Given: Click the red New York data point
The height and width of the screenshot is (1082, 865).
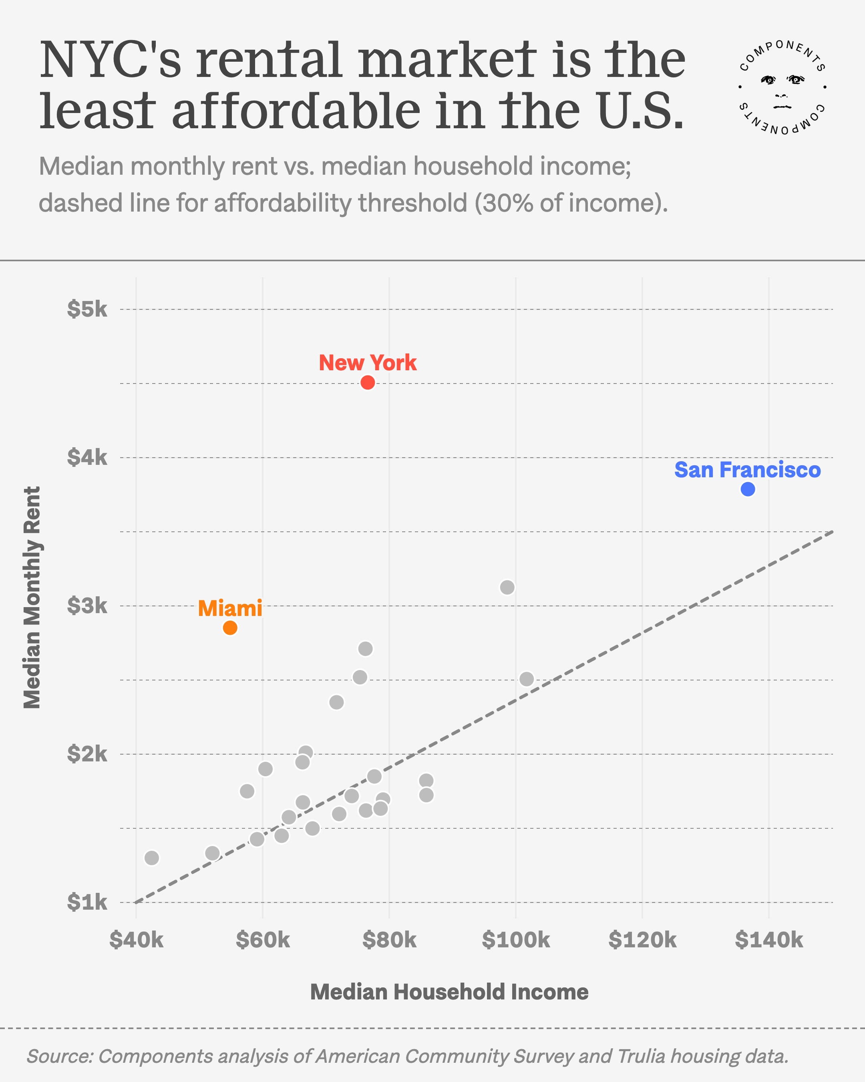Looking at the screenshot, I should (368, 382).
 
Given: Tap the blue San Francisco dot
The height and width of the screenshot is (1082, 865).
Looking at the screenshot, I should (748, 489).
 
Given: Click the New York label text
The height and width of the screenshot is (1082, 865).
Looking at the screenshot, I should (368, 363).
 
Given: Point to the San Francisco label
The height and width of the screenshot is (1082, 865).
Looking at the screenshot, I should (747, 470).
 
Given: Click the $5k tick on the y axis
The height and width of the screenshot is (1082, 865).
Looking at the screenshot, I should (87, 309).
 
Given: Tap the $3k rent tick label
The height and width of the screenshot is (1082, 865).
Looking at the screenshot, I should (87, 606).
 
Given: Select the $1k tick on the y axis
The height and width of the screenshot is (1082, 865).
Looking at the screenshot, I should (87, 902).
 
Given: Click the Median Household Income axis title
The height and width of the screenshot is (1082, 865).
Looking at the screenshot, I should (449, 992).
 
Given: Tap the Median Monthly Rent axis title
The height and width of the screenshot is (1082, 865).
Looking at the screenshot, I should (32, 597).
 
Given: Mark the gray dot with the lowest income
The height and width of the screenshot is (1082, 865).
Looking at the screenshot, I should (151, 858).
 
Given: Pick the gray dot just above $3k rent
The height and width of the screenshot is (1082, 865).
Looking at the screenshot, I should (507, 587).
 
